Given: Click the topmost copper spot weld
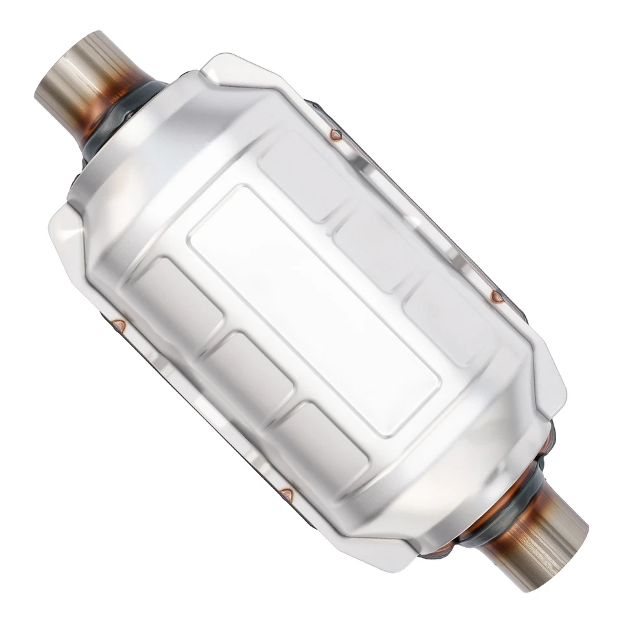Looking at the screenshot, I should coord(335,135).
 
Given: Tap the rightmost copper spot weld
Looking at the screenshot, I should coord(496,297).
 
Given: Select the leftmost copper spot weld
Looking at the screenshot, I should coord(119,323).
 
